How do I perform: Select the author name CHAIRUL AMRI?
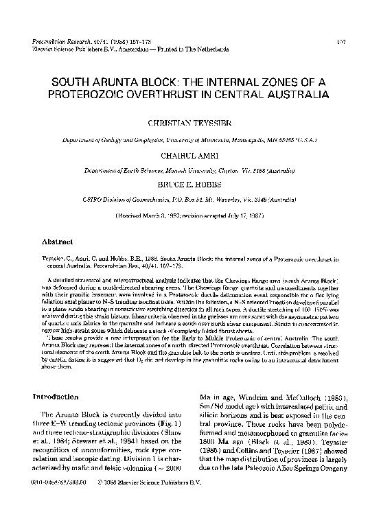tap(190, 156)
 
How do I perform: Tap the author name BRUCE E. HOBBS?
tap(190, 185)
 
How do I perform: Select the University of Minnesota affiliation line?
tap(190, 140)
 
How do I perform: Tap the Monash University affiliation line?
tap(190, 170)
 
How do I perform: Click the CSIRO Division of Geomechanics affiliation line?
tap(190, 200)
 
